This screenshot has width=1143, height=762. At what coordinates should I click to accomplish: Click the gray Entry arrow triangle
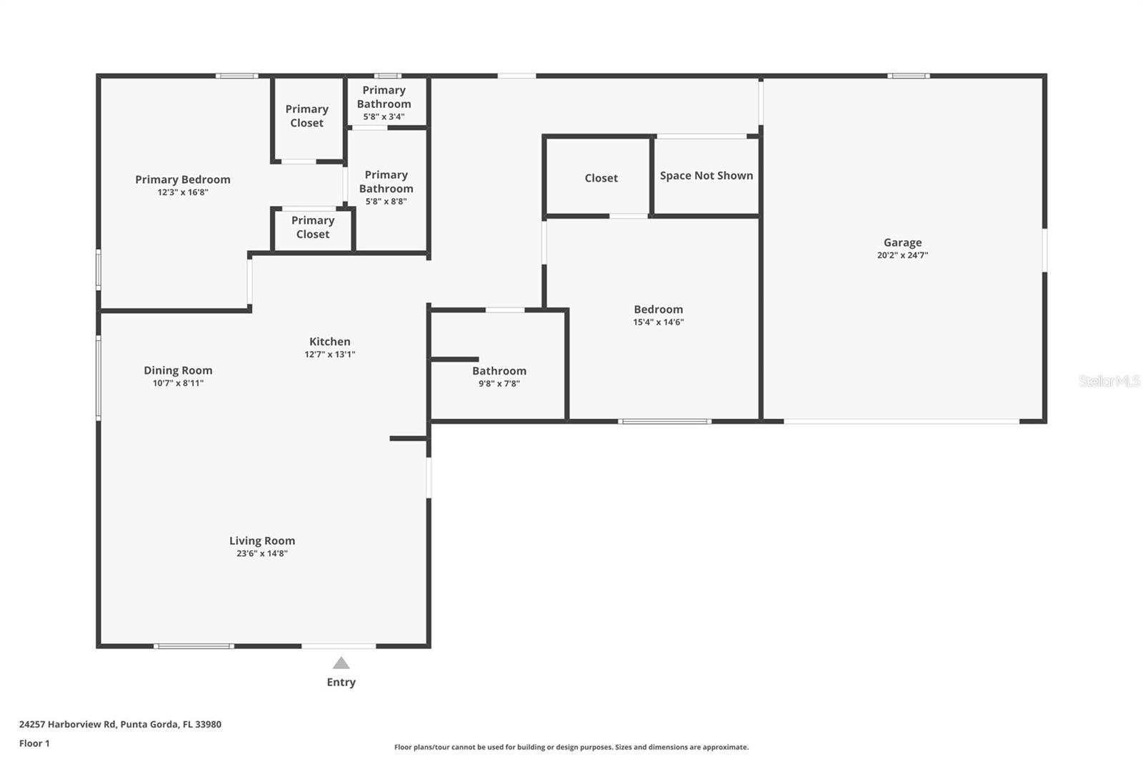click(x=341, y=663)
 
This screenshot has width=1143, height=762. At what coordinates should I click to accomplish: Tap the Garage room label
click(x=902, y=242)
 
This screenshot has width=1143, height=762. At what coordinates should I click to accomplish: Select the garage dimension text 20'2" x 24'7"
click(x=902, y=255)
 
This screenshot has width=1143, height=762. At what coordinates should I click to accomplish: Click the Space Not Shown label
click(x=706, y=176)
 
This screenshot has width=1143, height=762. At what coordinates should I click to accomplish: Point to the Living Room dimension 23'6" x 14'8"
click(x=262, y=553)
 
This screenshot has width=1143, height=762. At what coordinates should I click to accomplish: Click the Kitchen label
click(x=329, y=342)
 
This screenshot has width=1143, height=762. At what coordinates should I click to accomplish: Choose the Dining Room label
click(x=178, y=370)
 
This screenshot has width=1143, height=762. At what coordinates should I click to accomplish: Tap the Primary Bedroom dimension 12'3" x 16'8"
click(x=183, y=192)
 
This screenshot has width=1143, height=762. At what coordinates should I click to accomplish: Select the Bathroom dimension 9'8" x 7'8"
click(x=499, y=384)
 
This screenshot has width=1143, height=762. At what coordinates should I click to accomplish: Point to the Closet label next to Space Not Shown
click(x=601, y=178)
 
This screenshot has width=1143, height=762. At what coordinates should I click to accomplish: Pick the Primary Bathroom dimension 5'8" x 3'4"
click(x=384, y=117)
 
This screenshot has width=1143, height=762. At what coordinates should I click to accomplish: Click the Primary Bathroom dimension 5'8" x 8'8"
click(x=386, y=202)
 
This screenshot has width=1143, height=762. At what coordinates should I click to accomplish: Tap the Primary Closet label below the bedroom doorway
click(x=313, y=227)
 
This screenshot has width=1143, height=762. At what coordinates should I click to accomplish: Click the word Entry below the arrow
click(x=341, y=682)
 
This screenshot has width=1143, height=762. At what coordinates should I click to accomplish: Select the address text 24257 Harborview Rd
click(x=68, y=724)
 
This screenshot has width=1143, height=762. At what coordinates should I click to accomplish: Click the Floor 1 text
click(x=34, y=743)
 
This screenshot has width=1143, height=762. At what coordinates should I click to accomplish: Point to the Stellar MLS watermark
click(x=1109, y=381)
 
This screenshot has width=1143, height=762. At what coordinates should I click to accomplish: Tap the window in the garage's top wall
click(x=908, y=76)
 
